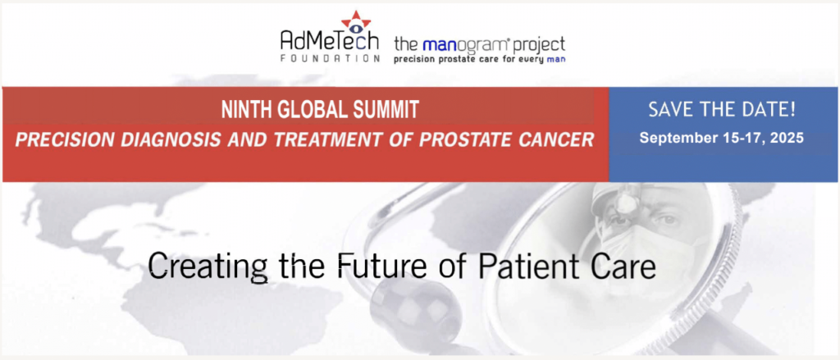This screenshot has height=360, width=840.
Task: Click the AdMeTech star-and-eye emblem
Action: click(356, 22)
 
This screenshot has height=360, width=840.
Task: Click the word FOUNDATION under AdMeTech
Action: click(330, 58)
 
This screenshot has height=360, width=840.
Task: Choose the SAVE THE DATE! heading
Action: click(722, 111)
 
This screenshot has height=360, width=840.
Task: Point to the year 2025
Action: click(786, 138)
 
